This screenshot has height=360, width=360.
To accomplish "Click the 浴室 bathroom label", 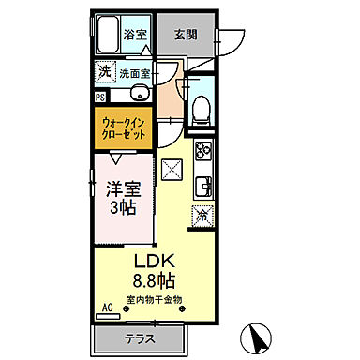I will [x=135, y=36].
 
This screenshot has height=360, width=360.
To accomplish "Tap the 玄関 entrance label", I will [x=184, y=36].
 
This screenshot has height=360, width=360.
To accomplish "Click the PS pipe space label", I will [x=99, y=94].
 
